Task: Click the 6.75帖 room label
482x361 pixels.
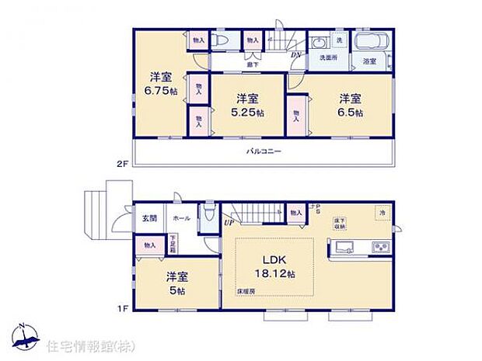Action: point(161,83)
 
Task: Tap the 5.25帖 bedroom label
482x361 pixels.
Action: point(248,105)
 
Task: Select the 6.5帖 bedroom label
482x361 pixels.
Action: point(349,105)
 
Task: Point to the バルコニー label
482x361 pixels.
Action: point(264,152)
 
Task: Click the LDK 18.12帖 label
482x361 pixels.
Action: point(276,266)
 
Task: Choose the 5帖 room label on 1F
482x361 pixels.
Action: point(176,283)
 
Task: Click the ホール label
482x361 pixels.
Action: point(181,218)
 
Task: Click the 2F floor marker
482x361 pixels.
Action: point(121,164)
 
